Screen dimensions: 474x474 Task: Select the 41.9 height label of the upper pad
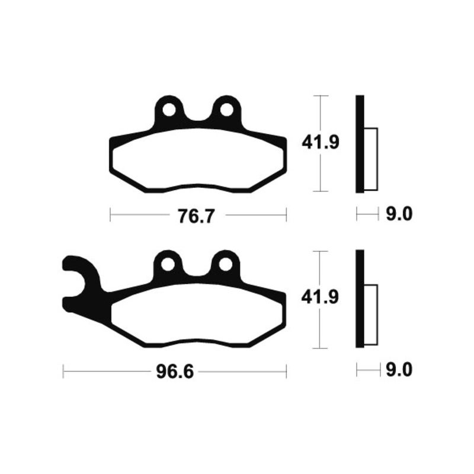(321, 143)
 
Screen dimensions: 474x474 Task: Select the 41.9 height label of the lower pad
(321, 298)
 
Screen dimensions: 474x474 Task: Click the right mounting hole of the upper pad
(226, 111)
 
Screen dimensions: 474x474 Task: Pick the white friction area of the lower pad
(196, 316)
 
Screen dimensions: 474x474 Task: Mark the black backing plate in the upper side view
(360, 144)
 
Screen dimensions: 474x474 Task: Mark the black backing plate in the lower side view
(360, 300)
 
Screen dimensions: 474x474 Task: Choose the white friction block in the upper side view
(370, 159)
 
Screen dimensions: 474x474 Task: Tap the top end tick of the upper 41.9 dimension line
(321, 95)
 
